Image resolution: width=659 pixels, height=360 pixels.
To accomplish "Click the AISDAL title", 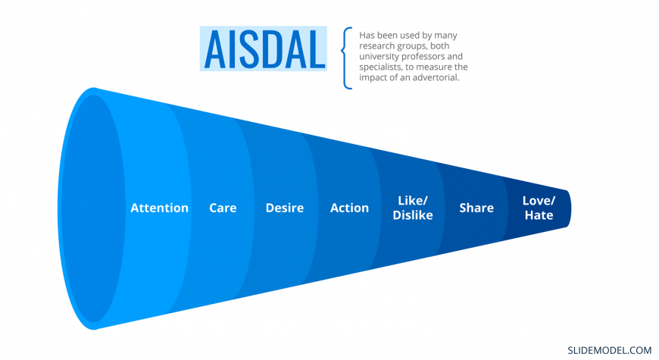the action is [264, 49].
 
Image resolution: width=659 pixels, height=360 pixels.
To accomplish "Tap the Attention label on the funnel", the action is [159, 208].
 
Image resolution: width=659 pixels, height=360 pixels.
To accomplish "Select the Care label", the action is [223, 208].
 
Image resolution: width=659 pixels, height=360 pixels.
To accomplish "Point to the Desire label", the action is [285, 208].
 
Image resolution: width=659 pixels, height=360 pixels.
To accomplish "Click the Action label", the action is [349, 208].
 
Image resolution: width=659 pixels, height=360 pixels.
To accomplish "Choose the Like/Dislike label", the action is [413, 208].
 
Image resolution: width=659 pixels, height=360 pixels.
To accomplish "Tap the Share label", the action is [476, 208].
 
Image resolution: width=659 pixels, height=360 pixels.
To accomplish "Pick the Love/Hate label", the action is [539, 208].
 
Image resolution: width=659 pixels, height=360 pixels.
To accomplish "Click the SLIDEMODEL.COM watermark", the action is [610, 350].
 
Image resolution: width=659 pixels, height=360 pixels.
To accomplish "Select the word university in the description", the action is [379, 56].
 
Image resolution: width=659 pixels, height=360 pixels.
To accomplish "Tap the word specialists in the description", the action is [380, 67].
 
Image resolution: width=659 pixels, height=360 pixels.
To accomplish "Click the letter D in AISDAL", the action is [267, 49].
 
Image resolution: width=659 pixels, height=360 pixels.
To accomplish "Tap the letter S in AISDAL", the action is [242, 49].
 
